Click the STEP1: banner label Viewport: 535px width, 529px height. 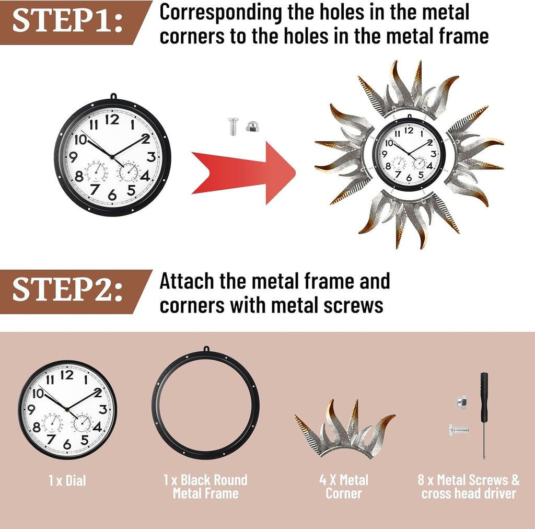[x=67, y=21]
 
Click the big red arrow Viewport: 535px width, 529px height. [x=243, y=173]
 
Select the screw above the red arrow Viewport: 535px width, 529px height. [x=234, y=126]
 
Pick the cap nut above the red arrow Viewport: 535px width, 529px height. [x=251, y=126]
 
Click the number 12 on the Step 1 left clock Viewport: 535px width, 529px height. [x=112, y=120]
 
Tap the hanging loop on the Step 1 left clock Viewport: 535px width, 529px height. [x=113, y=96]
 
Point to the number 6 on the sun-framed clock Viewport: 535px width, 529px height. [x=409, y=178]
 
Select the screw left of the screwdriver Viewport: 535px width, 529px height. [x=459, y=430]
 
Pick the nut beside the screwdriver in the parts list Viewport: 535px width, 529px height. [x=461, y=401]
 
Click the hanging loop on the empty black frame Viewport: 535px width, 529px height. [x=206, y=350]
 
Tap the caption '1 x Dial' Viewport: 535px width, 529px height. [x=67, y=480]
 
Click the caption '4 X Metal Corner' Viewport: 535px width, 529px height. [x=344, y=487]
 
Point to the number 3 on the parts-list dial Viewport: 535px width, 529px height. [x=103, y=409]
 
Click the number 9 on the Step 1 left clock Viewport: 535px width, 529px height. [x=73, y=157]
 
